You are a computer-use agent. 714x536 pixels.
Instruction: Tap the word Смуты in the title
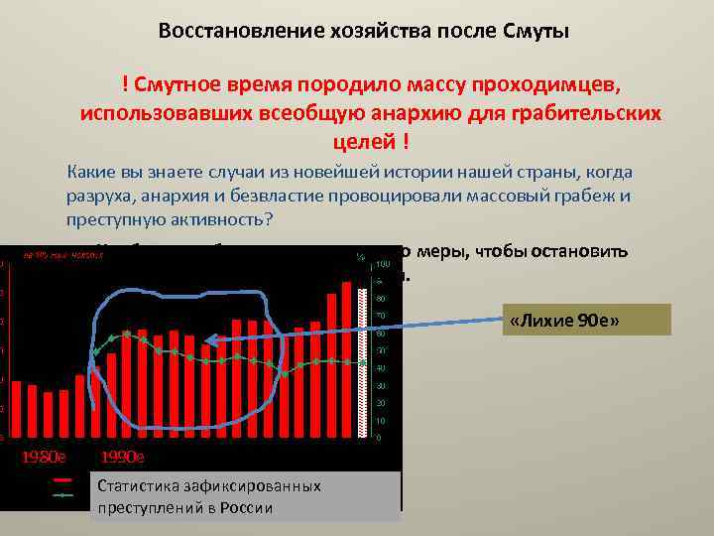click(x=536, y=31)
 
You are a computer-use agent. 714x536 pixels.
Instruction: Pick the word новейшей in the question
click(x=318, y=173)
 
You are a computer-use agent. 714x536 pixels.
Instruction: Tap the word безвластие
click(x=269, y=196)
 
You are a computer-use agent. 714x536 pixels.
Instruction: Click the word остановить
click(x=579, y=250)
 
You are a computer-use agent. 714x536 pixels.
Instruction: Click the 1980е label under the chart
click(x=44, y=458)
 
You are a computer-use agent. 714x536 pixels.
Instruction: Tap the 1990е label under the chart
click(x=123, y=458)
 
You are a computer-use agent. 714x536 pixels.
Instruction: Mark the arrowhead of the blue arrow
click(x=205, y=344)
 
